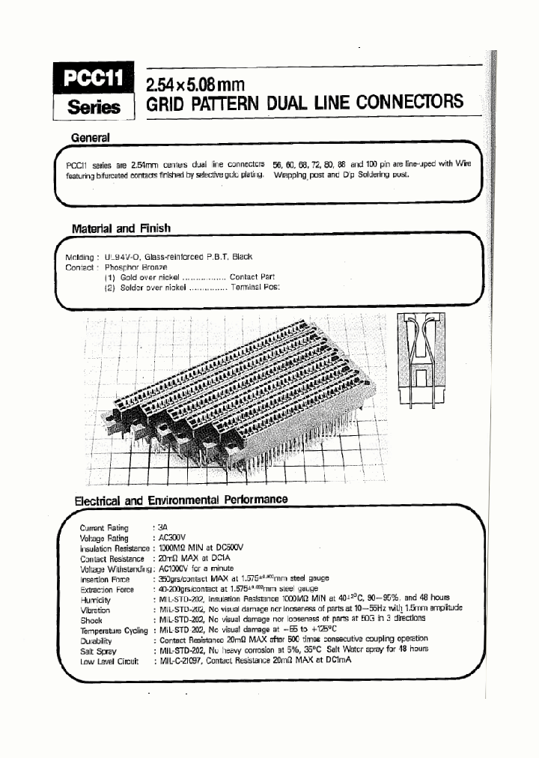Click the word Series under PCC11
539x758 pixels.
(x=94, y=107)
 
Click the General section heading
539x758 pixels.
(x=90, y=138)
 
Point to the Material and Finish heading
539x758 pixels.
(x=121, y=228)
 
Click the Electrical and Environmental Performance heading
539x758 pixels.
(x=180, y=500)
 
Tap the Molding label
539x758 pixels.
(x=80, y=256)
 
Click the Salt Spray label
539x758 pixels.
(x=95, y=650)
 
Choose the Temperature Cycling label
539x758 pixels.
(x=113, y=630)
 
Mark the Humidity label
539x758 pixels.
(x=95, y=600)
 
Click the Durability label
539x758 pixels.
(x=96, y=640)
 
